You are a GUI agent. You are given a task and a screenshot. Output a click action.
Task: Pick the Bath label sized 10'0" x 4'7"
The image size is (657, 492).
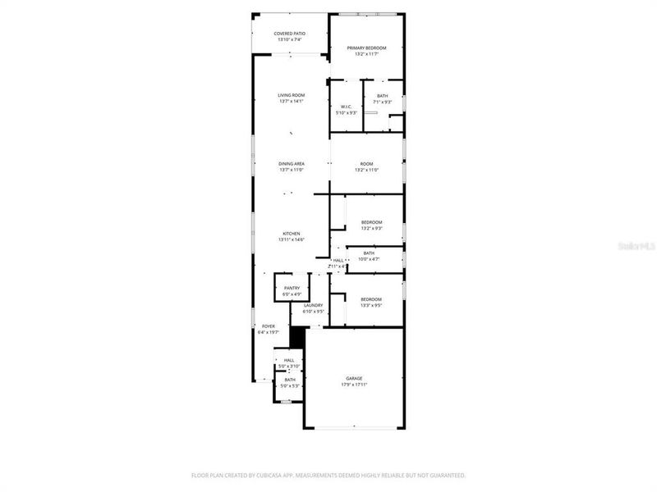(x=369, y=256)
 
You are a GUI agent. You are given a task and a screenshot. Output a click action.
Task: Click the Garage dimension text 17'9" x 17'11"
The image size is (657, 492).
(x=354, y=385)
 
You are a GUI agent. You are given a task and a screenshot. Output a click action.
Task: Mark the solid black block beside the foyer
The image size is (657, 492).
(x=298, y=338)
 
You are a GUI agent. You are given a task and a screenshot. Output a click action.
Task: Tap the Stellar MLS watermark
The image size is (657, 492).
(x=639, y=244)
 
